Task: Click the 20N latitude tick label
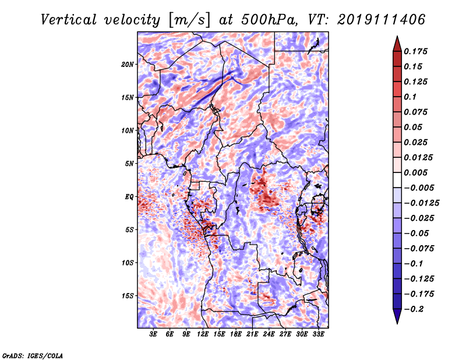[x=127, y=65]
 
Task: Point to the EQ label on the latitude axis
[x=129, y=197]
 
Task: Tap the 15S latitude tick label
[x=128, y=296]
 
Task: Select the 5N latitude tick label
[x=129, y=164]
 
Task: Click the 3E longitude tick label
[x=153, y=334]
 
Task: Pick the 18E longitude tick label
[x=236, y=334]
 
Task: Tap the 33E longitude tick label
[x=318, y=334]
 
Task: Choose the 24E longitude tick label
[x=269, y=334]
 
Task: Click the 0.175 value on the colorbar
[x=415, y=51]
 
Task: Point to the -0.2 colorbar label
[x=414, y=309]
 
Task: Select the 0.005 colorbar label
[x=415, y=172]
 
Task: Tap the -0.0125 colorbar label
[x=421, y=203]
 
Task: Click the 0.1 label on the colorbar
[x=410, y=97]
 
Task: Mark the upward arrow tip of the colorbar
[x=397, y=36]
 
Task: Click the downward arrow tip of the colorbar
[x=397, y=323]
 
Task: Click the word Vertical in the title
[x=69, y=20]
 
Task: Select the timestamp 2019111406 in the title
[x=382, y=20]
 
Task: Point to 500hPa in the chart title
[x=269, y=20]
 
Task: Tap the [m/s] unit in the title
[x=189, y=20]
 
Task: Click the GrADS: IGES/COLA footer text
[x=33, y=355]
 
